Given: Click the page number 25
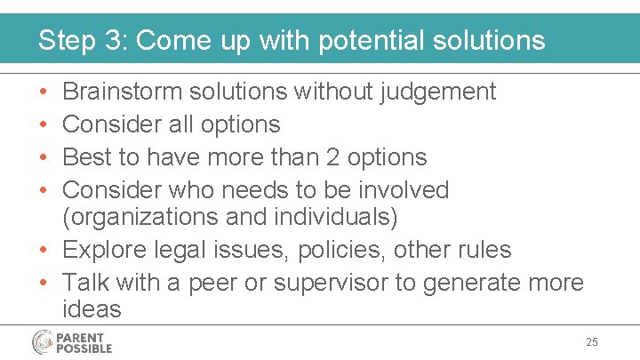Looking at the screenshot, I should coord(593,342).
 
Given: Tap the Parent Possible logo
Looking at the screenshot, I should coord(72,342).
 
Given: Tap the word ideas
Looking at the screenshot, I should coord(92,309).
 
